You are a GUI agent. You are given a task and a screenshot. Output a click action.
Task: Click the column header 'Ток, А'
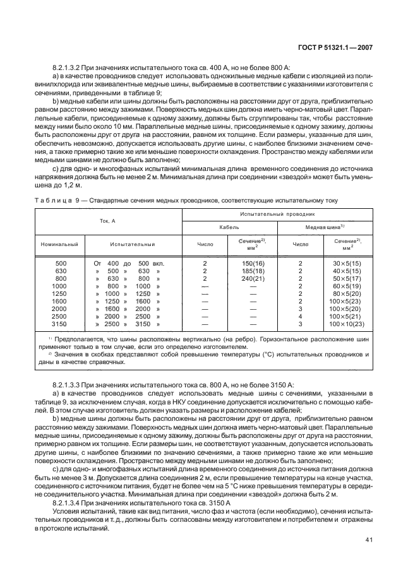tap(107, 221)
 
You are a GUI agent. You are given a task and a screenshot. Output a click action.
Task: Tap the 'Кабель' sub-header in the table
tap(229, 226)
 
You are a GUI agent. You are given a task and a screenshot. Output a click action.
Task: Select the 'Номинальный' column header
tap(59, 242)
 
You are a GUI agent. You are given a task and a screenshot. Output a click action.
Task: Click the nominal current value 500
tap(60, 262)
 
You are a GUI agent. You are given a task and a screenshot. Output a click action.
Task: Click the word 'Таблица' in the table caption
tap(54, 201)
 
